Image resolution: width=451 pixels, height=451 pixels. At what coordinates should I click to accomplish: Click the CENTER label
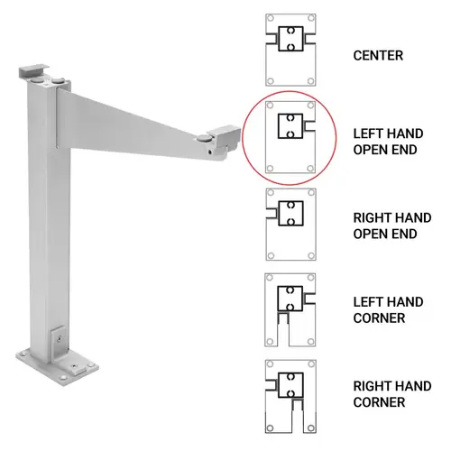377,55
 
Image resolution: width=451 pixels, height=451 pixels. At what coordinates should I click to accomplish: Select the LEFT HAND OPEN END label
384,141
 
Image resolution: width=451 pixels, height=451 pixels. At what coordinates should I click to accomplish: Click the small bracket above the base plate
57,339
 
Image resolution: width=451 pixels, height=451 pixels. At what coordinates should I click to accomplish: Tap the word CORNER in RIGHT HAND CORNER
379,402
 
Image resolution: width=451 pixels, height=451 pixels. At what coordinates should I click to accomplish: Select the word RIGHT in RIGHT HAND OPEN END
370,216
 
